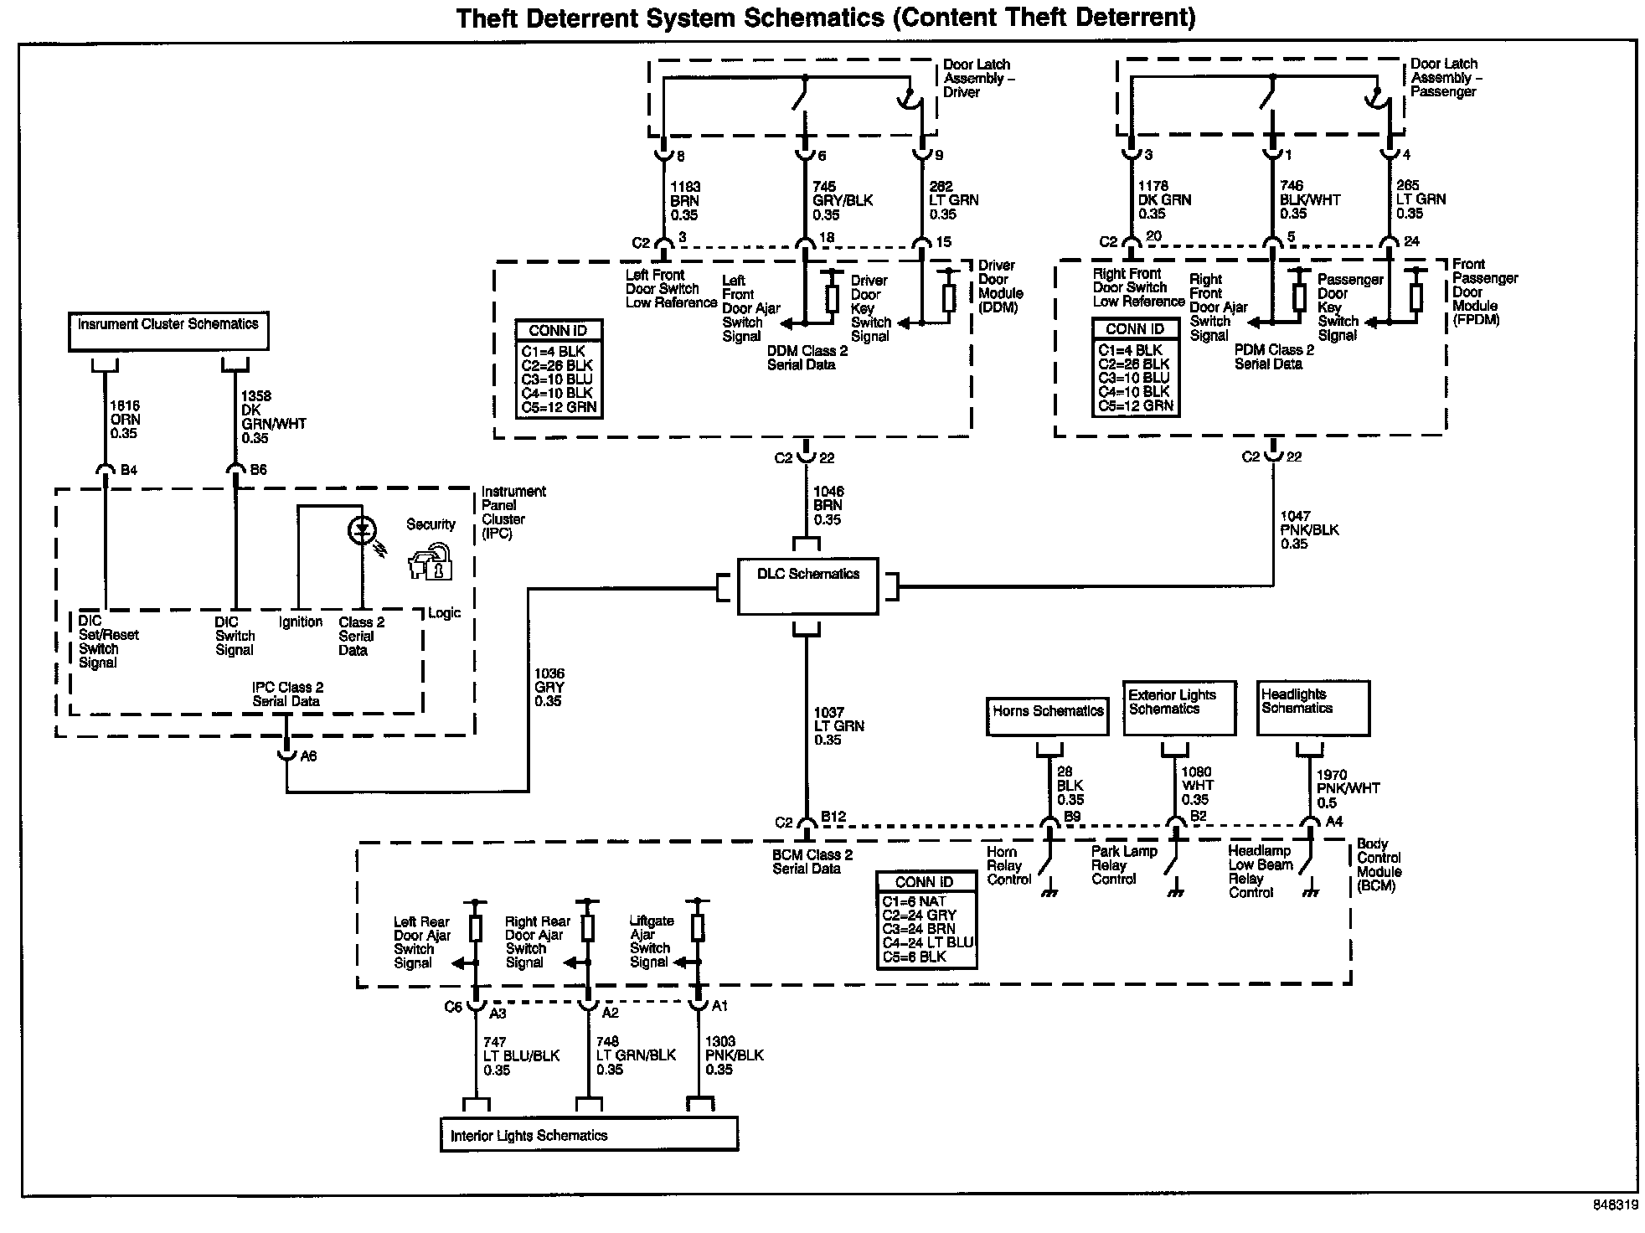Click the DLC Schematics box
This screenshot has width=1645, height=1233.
pos(807,586)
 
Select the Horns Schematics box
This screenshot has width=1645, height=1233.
pos(1047,716)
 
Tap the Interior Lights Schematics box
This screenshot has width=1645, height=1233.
pos(589,1135)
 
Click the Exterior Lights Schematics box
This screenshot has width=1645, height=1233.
pos(1178,708)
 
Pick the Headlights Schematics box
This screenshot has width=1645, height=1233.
pos(1312,708)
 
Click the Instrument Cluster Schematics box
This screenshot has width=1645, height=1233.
pos(168,330)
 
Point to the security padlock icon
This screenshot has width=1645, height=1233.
pos(431,563)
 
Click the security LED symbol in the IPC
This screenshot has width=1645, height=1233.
pos(363,530)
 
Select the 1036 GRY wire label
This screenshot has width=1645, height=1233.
pos(549,687)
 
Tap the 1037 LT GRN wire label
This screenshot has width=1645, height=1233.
pos(838,726)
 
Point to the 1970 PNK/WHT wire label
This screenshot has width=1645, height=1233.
pos(1348,788)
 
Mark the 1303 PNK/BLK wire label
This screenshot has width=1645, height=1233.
pos(734,1055)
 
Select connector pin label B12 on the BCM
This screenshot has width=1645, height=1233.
pos(833,817)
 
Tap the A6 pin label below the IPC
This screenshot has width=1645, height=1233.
pos(308,756)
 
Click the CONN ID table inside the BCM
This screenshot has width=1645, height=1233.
pos(926,920)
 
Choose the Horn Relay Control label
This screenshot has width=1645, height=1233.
pos(1008,865)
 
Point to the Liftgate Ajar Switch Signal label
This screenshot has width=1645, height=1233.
pos(652,941)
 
